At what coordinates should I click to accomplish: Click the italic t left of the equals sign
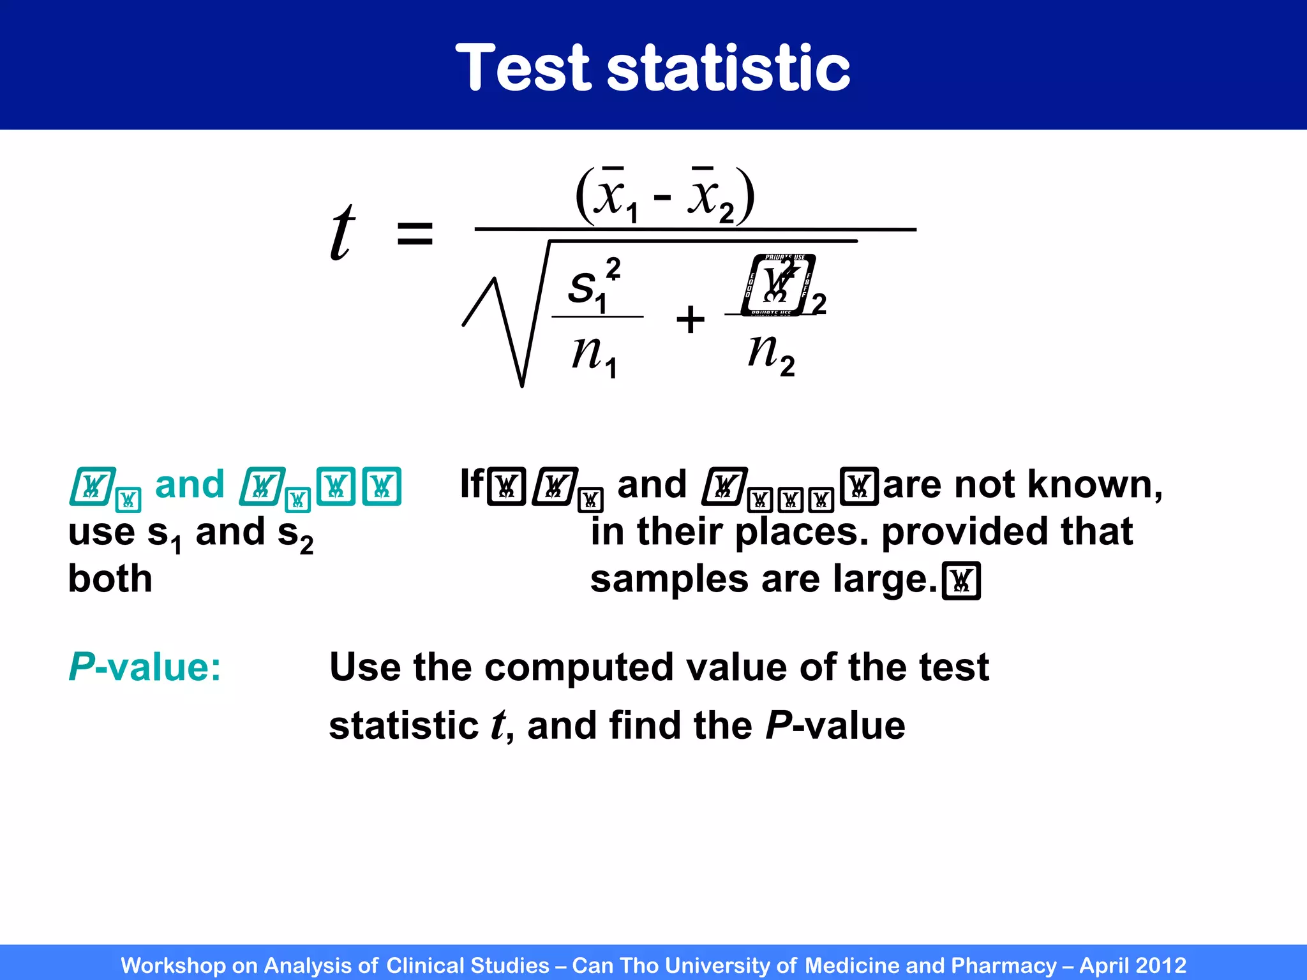342,232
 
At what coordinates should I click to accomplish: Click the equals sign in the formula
415,234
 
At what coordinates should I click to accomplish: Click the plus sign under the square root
691,319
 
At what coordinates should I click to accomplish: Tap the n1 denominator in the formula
594,355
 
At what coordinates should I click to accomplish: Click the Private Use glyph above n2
778,285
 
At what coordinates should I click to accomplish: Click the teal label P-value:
145,667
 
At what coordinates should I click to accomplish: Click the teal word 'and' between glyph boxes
190,485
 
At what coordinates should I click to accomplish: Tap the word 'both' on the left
110,579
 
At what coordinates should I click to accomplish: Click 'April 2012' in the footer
1132,965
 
